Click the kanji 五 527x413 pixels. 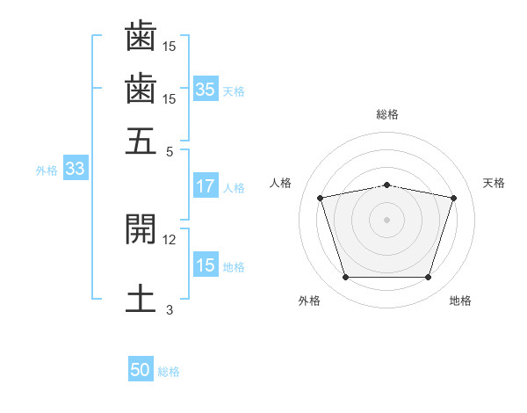[x=141, y=141]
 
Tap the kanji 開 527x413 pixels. [x=141, y=229]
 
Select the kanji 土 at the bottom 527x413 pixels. [x=141, y=298]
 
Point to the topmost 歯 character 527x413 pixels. [x=141, y=36]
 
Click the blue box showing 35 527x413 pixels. [x=206, y=89]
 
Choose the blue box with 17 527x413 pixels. [x=206, y=185]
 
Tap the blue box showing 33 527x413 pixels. [x=76, y=168]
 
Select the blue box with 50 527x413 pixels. [x=141, y=368]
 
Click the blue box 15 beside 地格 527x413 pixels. [x=206, y=264]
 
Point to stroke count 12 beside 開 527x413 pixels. [x=169, y=240]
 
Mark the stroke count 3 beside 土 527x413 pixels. [x=170, y=309]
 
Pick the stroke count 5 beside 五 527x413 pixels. [x=170, y=152]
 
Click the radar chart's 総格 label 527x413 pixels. [x=387, y=114]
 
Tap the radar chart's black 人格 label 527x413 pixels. [x=280, y=183]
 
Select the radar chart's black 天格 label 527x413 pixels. [x=494, y=183]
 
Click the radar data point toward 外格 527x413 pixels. [x=346, y=277]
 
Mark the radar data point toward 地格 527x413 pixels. [x=429, y=277]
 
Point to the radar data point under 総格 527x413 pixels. [x=387, y=185]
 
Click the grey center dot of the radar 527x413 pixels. [x=386, y=220]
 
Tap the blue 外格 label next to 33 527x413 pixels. [x=47, y=170]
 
